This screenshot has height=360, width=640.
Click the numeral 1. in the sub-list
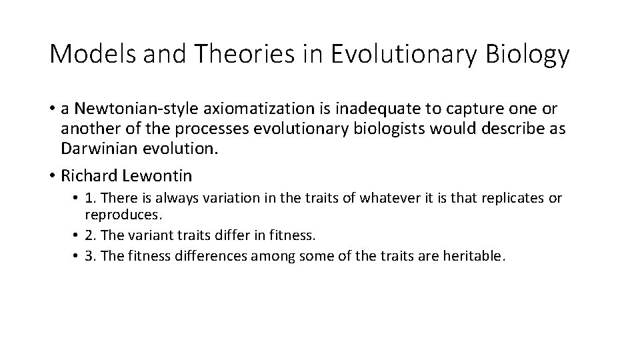click(91, 199)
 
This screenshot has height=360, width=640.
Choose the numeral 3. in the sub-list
click(91, 255)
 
